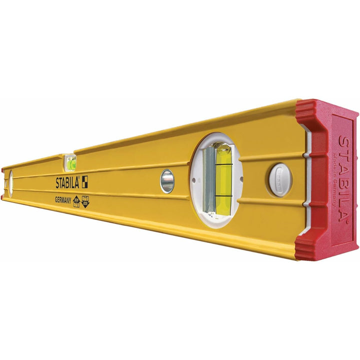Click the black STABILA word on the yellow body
pyautogui.click(x=68, y=183)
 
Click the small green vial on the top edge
pyautogui.click(x=70, y=162)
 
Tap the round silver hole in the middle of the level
pyautogui.click(x=167, y=180)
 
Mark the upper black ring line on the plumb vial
pyautogui.click(x=223, y=164)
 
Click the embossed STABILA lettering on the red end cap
pyautogui.click(x=345, y=177)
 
